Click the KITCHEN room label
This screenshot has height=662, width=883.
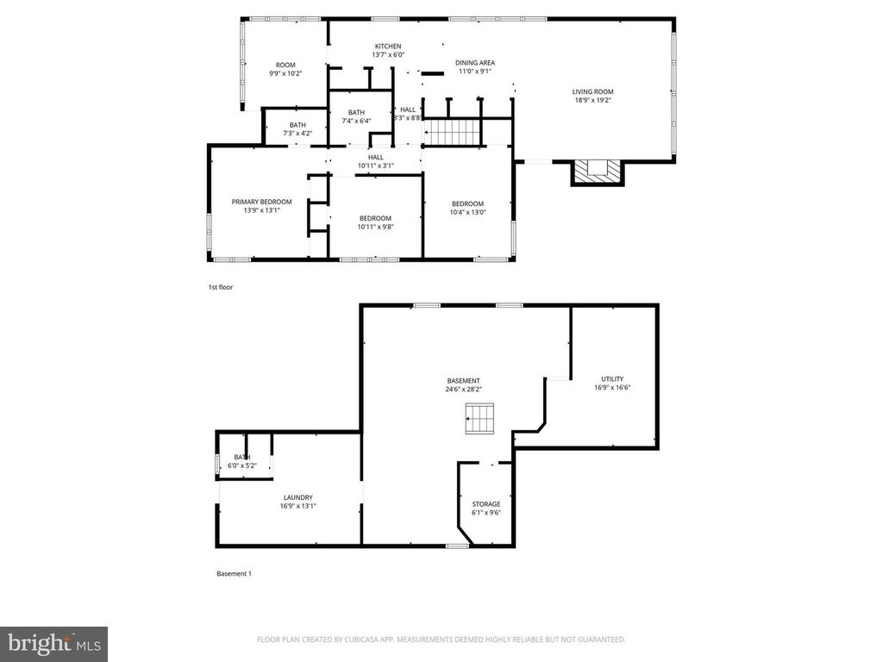click(387, 47)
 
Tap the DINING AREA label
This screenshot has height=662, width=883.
click(474, 63)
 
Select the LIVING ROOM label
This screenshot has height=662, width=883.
click(593, 91)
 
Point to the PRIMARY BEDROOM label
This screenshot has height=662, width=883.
click(261, 202)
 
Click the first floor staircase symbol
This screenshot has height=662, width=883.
click(454, 133)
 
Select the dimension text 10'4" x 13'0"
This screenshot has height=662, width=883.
click(467, 212)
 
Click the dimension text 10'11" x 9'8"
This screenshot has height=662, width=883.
click(375, 227)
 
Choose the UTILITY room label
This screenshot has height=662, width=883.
click(612, 379)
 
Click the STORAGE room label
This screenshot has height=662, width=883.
click(485, 503)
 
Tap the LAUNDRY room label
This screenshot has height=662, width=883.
click(297, 497)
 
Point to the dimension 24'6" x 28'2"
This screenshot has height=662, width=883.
click(463, 389)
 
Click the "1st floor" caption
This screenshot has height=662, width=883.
click(221, 287)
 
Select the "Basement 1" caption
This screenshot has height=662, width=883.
click(233, 573)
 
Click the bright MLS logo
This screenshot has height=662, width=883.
click(53, 643)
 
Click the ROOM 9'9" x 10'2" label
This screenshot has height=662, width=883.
click(285, 66)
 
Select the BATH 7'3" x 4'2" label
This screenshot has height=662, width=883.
click(297, 125)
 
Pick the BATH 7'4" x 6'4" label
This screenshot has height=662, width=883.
click(356, 113)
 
